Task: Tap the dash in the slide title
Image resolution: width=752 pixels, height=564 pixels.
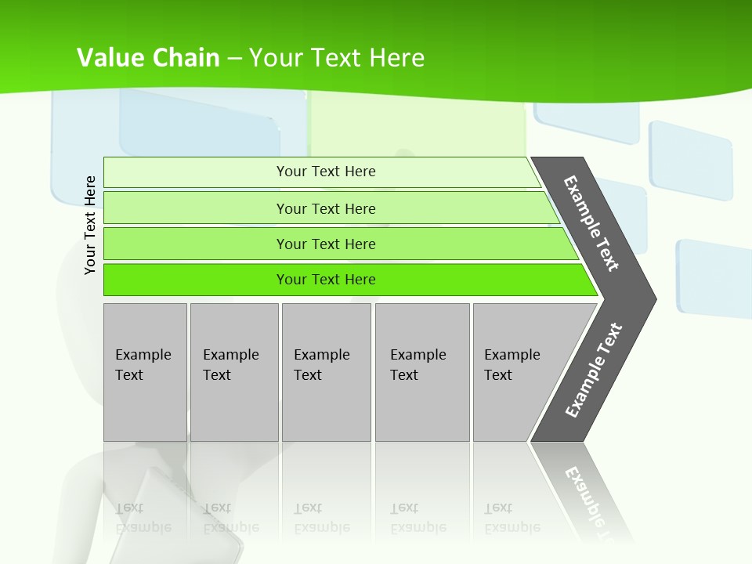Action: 234,58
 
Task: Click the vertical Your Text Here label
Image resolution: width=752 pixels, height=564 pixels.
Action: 90,225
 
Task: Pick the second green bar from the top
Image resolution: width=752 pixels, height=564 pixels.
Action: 325,208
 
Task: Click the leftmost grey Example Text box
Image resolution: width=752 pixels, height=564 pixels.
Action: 145,371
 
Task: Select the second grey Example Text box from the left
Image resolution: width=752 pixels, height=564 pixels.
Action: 233,371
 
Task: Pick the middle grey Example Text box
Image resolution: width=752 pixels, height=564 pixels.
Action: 326,371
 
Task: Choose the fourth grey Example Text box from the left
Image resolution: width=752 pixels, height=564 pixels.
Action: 422,371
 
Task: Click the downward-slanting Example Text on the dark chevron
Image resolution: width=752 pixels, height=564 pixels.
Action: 591,222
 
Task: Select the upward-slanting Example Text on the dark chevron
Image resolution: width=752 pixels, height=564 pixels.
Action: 594,371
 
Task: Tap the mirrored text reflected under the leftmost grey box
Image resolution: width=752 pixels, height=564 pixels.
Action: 143,518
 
